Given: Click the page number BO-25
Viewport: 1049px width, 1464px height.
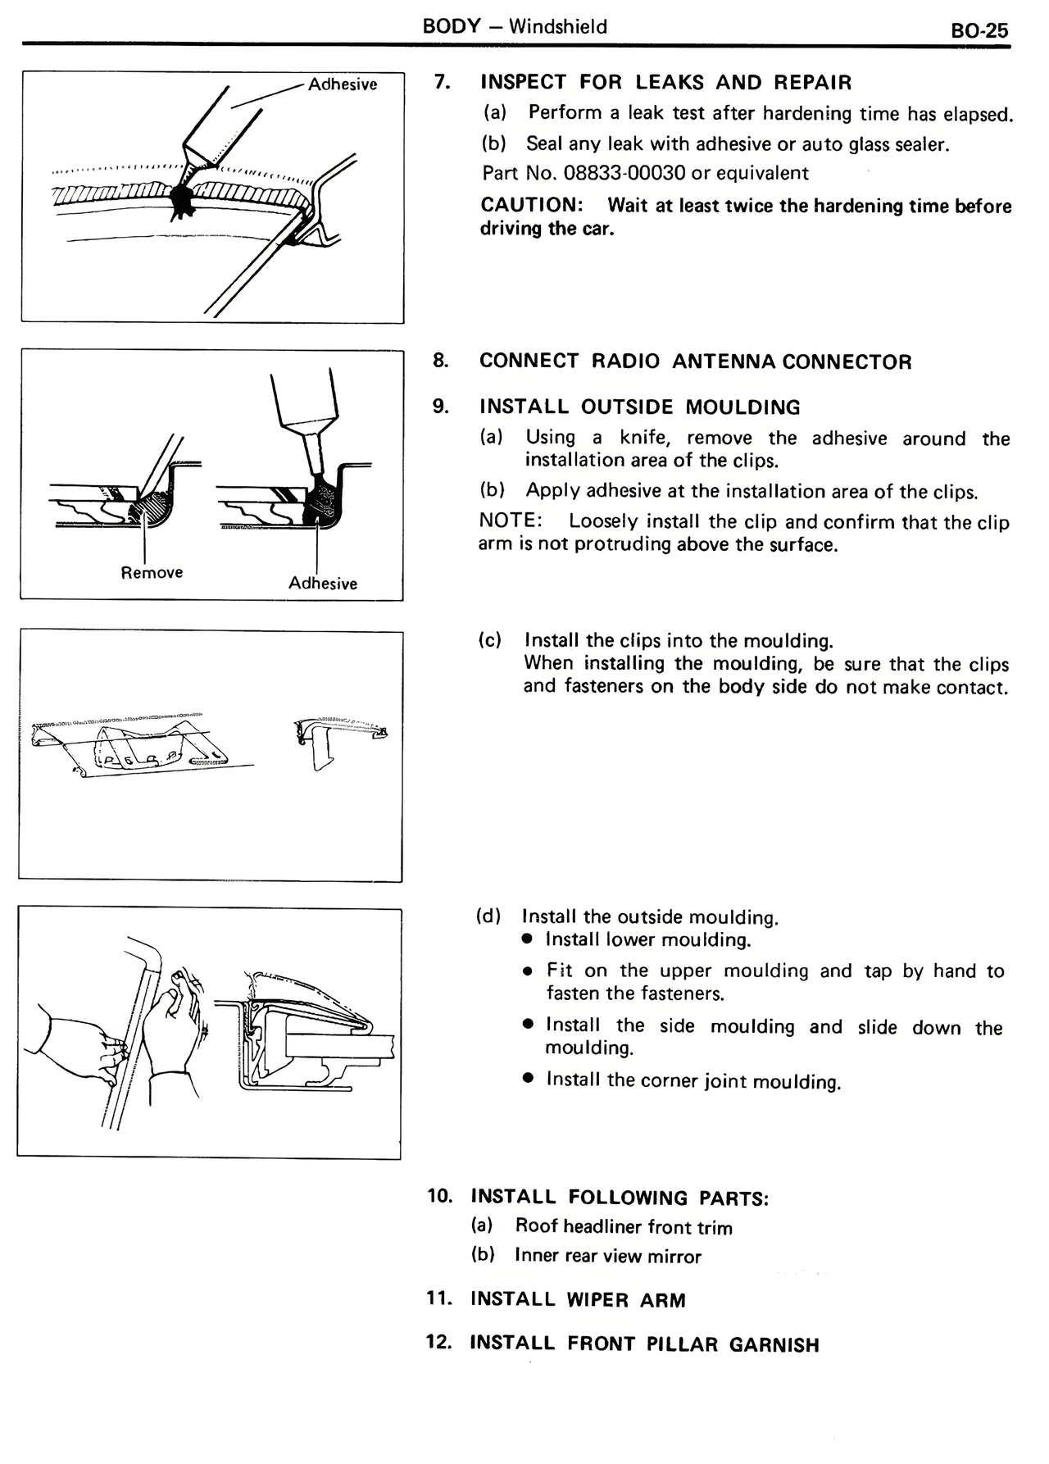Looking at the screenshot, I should pyautogui.click(x=979, y=30).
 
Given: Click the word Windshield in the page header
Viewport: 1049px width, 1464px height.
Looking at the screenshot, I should pyautogui.click(x=558, y=26).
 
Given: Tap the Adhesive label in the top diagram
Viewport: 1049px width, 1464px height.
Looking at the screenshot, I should pyautogui.click(x=343, y=84).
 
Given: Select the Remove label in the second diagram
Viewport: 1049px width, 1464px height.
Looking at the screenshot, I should pyautogui.click(x=152, y=572).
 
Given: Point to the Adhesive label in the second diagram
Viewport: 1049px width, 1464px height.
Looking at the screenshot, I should pyautogui.click(x=323, y=583).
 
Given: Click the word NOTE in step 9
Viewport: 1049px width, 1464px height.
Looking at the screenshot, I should pyautogui.click(x=509, y=521).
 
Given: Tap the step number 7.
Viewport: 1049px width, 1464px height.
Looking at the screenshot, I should pyautogui.click(x=442, y=82).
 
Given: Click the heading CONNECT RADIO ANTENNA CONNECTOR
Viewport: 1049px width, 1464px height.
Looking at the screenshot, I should pyautogui.click(x=695, y=361).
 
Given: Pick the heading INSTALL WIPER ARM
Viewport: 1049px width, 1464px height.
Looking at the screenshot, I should pyautogui.click(x=578, y=1299).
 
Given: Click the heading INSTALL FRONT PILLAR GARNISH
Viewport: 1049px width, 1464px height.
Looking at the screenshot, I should pyautogui.click(x=644, y=1344).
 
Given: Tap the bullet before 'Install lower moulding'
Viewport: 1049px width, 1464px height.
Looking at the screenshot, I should pyautogui.click(x=529, y=939).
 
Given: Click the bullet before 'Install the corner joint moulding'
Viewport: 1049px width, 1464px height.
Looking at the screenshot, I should pyautogui.click(x=529, y=1080).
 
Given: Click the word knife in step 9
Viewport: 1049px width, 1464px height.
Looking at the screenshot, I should pyautogui.click(x=644, y=438).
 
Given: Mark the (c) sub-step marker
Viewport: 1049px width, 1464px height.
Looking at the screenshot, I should pyautogui.click(x=489, y=640).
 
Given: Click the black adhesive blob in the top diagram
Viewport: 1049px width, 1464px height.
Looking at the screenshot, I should pyautogui.click(x=181, y=198).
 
